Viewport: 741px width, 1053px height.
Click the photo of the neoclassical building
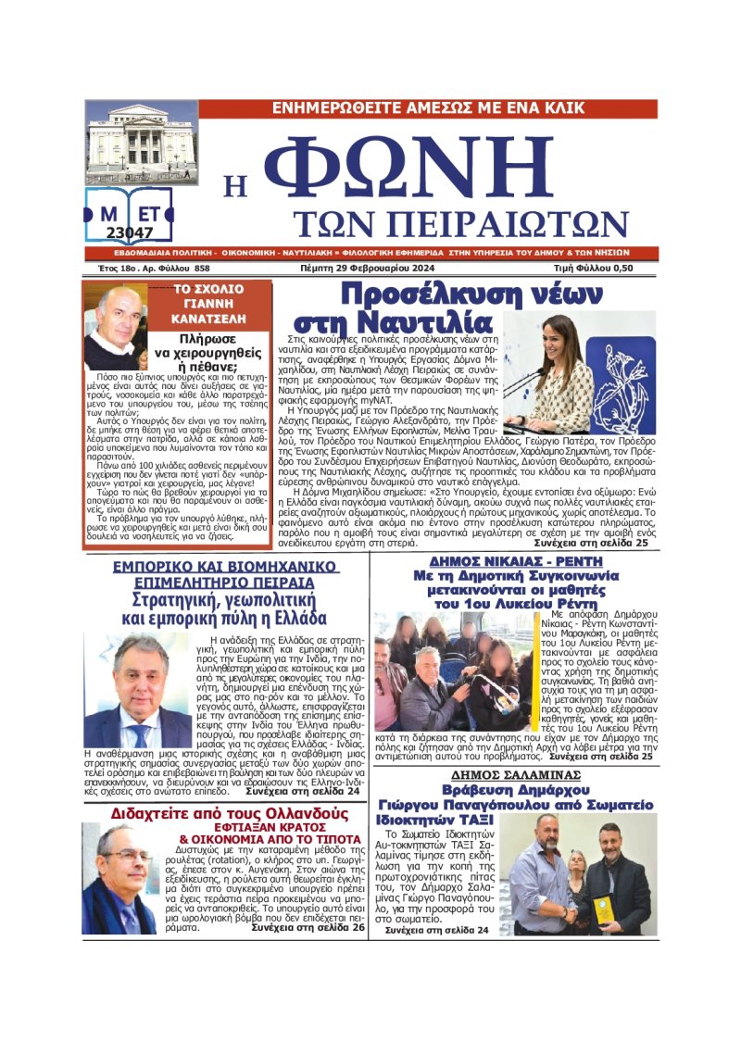141,142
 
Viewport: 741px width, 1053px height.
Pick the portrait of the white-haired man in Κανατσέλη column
116,327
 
